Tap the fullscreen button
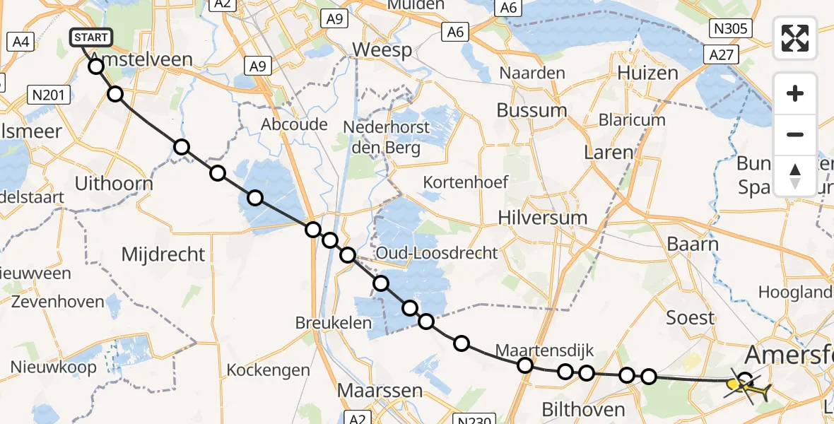[x=795, y=38]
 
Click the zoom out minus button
[x=795, y=134]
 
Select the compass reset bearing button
[x=795, y=175]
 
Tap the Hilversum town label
[x=542, y=217]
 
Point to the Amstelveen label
[x=142, y=59]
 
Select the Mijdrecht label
[x=163, y=254]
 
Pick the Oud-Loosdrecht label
[x=437, y=253]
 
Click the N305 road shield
[x=731, y=28]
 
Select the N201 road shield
[x=49, y=95]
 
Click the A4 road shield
[x=18, y=42]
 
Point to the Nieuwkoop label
[x=53, y=367]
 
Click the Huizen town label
[x=647, y=73]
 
